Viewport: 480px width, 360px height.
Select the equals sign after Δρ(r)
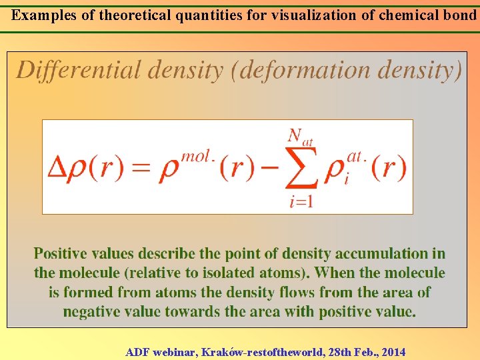[141, 169]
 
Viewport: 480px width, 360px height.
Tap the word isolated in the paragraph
[238, 273]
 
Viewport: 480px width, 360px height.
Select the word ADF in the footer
[137, 352]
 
